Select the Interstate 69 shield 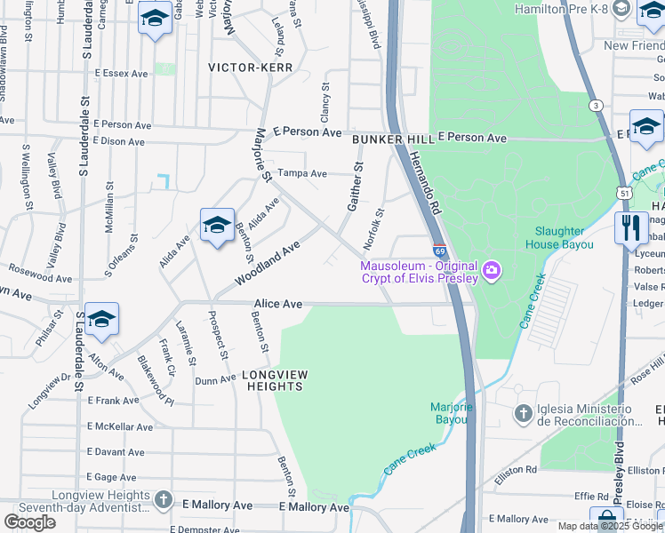[439, 251]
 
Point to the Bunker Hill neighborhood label [392, 140]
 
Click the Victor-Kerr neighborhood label [244, 67]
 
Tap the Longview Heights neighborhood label [274, 380]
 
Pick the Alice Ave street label [279, 304]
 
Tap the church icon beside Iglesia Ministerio [524, 413]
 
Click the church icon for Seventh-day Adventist [163, 500]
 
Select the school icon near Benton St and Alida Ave [217, 226]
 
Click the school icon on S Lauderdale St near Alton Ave [101, 320]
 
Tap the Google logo [29, 521]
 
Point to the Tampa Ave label [302, 173]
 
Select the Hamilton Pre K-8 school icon [645, 10]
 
